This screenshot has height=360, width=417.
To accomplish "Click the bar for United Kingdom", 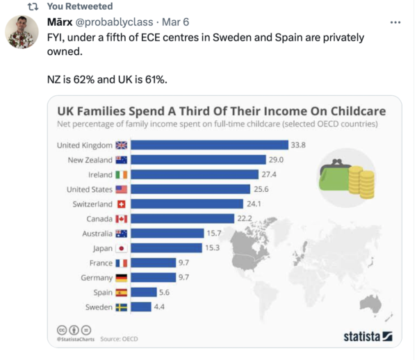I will pos(209,145).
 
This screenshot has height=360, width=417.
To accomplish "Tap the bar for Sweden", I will pos(141,306).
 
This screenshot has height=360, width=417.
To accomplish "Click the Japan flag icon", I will pos(122,248).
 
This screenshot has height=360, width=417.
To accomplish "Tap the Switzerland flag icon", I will pos(122,204).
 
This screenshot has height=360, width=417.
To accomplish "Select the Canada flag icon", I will pos(122,219).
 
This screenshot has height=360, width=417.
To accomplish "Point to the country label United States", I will pos(88,189).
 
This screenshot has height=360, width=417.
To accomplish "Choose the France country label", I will pos(100,263).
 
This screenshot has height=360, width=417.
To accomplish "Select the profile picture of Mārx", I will pos(22,32).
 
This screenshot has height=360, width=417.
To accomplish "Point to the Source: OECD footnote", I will pos(119,339).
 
